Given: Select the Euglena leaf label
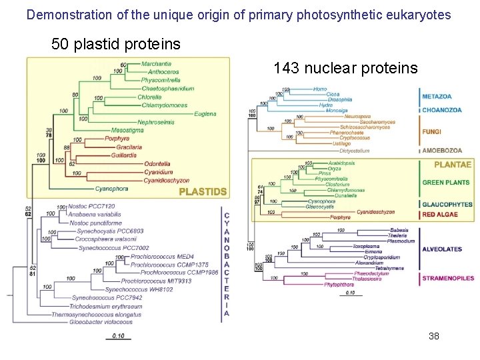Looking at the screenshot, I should pos(205,113).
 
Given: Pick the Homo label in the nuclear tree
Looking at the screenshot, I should pos(320,89).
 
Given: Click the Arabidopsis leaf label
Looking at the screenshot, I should pos(341,163).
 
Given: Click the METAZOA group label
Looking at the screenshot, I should pos(437,97).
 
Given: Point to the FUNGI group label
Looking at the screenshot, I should pos(431,132).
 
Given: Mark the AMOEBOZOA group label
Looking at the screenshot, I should pos(441,151).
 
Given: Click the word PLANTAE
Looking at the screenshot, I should pos(453,165).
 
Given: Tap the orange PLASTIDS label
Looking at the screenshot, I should pos(203,192).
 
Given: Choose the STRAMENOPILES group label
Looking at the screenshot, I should pos(447,278).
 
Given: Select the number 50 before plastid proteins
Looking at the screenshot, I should pos(60,45).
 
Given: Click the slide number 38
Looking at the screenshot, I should pos(434,336).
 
